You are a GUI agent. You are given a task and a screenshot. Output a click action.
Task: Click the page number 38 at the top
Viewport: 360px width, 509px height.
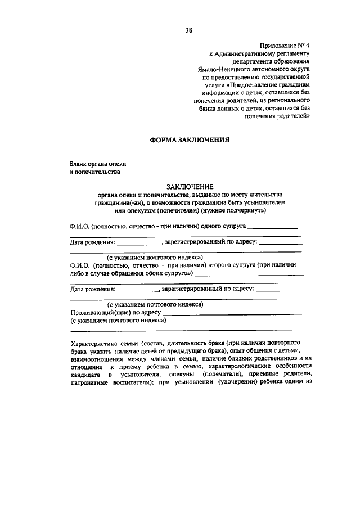189,30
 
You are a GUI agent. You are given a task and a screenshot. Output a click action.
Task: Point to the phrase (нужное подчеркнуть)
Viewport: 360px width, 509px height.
249,210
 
